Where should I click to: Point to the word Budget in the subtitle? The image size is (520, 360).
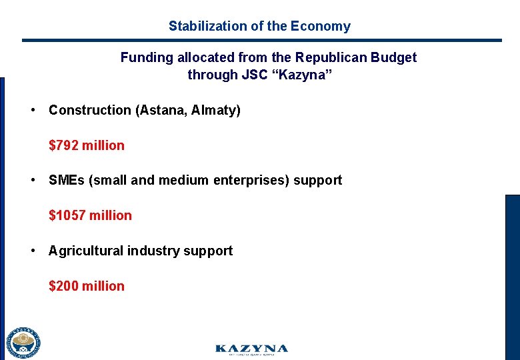pos(395,57)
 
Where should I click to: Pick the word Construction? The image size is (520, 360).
pos(90,110)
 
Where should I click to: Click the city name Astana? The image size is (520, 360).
pos(160,110)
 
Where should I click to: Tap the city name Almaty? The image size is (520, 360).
pos(215,110)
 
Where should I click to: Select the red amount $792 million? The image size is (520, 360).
pos(87,145)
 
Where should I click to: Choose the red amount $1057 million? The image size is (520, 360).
pos(90,215)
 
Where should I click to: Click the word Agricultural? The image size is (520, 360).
pos(85,251)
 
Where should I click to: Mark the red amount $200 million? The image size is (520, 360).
pos(87,286)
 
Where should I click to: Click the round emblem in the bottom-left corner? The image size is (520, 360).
pos(23,343)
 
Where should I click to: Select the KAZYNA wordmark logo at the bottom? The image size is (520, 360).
pos(251,349)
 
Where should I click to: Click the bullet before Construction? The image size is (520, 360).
pos(32,110)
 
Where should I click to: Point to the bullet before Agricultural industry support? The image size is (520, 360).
pos(32,251)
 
